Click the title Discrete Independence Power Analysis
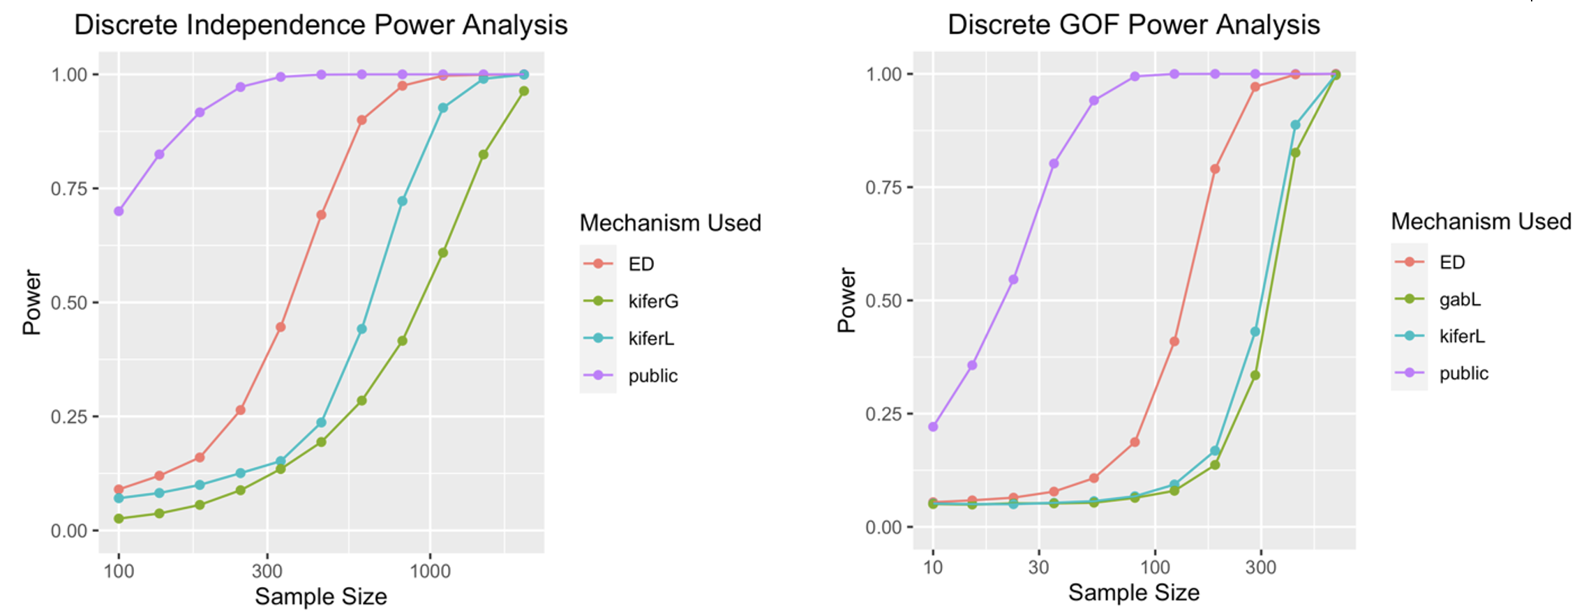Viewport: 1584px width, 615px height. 320,25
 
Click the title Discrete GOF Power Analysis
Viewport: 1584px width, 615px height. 1133,25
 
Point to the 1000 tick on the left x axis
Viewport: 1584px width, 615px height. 430,571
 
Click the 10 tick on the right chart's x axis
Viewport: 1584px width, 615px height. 933,568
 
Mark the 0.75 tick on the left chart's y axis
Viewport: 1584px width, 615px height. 69,188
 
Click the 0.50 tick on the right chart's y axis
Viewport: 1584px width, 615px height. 883,301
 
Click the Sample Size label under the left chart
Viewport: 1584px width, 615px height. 320,597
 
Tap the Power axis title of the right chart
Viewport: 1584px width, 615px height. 846,301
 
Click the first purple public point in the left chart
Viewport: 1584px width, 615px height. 119,211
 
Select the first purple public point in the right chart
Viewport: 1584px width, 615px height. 933,427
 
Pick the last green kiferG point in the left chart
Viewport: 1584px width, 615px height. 523,91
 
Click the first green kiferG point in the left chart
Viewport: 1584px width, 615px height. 119,519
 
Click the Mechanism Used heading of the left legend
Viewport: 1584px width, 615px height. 670,223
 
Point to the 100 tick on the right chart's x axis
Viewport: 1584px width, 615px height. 1155,568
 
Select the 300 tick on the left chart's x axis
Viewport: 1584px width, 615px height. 267,571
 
